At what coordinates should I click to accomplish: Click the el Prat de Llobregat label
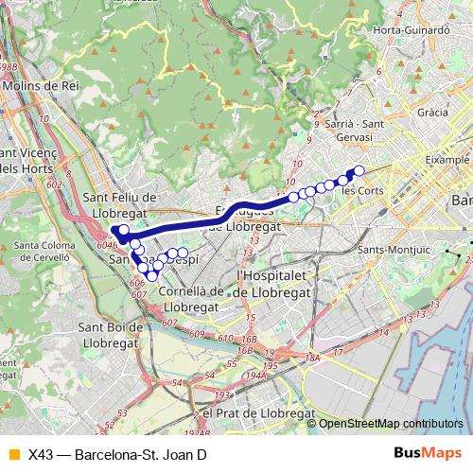pyautogui.click(x=253, y=412)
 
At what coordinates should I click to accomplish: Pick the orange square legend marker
pyautogui.click(x=11, y=454)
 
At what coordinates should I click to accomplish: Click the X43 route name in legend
pyautogui.click(x=117, y=454)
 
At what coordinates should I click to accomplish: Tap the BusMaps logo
pyautogui.click(x=429, y=453)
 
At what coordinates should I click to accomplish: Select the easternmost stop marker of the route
pyautogui.click(x=359, y=170)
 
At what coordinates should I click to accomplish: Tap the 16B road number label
pyautogui.click(x=249, y=339)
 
